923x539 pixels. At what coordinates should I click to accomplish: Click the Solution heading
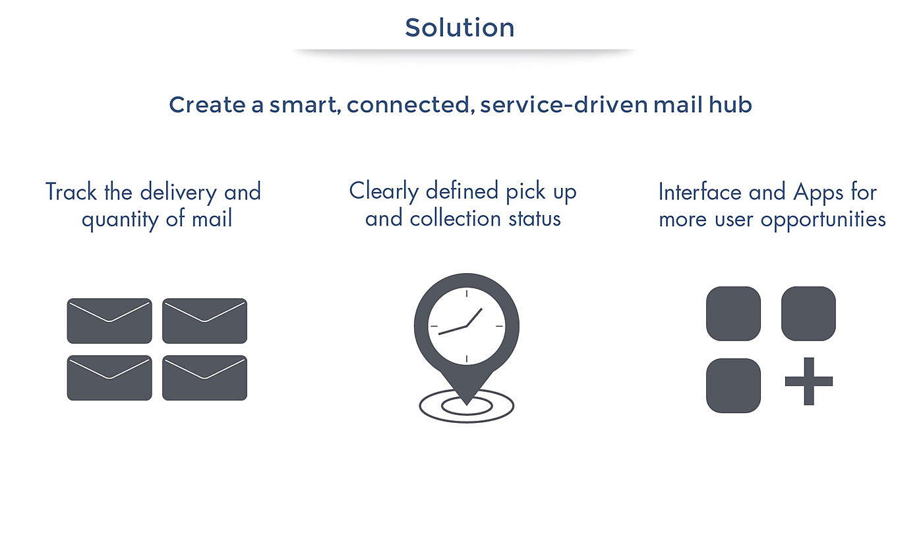point(460,28)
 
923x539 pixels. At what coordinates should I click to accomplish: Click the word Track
point(71,192)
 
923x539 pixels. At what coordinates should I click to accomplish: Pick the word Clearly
point(384,191)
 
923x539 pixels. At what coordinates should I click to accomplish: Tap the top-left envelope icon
point(109,321)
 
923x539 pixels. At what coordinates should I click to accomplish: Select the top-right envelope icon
point(204,321)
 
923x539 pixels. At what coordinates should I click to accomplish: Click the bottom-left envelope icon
point(109,378)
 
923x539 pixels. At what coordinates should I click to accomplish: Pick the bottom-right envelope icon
point(204,378)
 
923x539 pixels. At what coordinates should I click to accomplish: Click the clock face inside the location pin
point(466,326)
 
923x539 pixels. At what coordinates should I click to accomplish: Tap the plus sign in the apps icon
point(809,381)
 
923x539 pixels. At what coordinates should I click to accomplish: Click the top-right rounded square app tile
point(808,313)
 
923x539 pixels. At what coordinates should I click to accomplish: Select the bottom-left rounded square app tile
point(733,385)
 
